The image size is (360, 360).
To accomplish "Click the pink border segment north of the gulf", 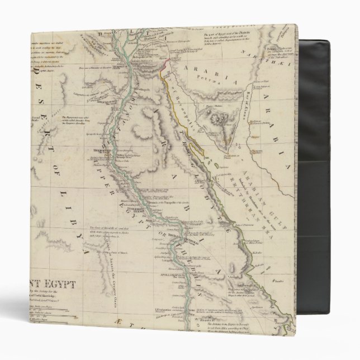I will tap(164, 66).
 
